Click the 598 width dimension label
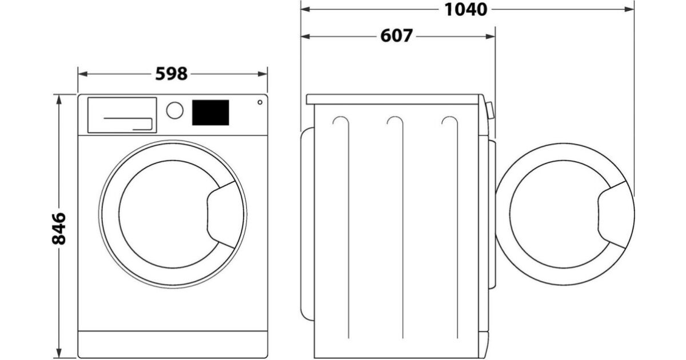pyautogui.click(x=171, y=74)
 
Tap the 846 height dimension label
pyautogui.click(x=59, y=229)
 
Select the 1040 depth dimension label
pyautogui.click(x=465, y=10)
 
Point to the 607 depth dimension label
pyautogui.click(x=396, y=36)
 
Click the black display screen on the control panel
pyautogui.click(x=210, y=113)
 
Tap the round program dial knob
pyautogui.click(x=174, y=110)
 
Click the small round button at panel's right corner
pyautogui.click(x=260, y=102)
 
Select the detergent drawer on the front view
pyautogui.click(x=122, y=115)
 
